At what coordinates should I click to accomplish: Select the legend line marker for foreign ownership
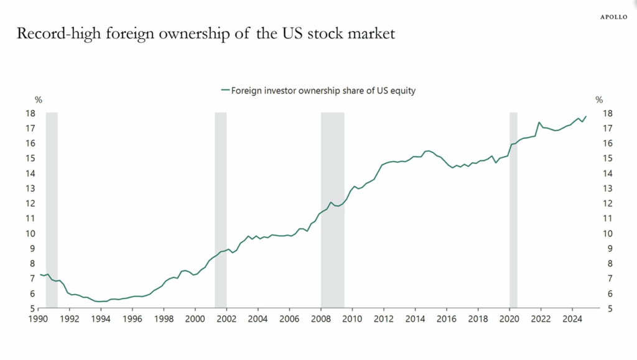coord(225,90)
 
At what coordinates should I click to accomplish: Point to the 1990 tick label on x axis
coord(39,318)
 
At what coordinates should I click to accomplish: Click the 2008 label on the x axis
coord(320,318)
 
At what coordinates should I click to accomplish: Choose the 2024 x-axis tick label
coord(571,318)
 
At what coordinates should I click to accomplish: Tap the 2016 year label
coord(445,318)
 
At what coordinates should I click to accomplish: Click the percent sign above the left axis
coord(37,99)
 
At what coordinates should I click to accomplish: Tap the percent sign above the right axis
coord(599,99)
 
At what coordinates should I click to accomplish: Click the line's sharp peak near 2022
coord(539,122)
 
